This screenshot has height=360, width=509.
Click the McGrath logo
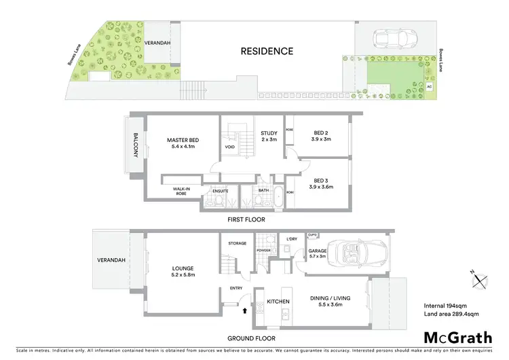point(457,338)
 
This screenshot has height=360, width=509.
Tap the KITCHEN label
point(278,300)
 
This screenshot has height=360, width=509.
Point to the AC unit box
point(428,88)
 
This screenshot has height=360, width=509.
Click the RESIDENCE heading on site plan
point(267,51)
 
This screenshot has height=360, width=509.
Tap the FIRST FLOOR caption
point(246,219)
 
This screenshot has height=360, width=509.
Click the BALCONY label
point(135,144)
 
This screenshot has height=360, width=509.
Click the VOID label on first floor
point(229,146)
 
